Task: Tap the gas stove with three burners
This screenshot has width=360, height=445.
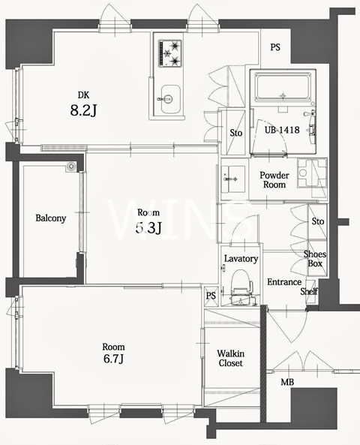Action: tap(170, 53)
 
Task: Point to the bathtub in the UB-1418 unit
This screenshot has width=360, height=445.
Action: tap(282, 87)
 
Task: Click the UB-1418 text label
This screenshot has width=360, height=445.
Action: tap(282, 130)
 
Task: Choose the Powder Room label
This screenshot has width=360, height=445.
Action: tap(274, 180)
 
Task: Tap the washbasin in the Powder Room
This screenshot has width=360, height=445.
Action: tap(233, 179)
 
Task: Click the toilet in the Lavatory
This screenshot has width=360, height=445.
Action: tap(241, 287)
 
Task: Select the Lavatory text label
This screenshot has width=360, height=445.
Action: tap(241, 259)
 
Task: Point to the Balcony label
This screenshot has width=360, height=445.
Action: tap(51, 218)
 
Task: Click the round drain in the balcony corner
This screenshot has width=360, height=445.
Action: tap(71, 167)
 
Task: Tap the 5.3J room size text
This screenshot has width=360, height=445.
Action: tap(148, 227)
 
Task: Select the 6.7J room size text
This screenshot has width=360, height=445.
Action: tap(113, 359)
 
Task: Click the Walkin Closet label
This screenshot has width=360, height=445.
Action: tap(231, 358)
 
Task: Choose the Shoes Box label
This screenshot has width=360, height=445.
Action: tap(315, 259)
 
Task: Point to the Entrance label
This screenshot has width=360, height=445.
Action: tap(284, 282)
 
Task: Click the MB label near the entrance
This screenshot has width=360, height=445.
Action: tap(287, 382)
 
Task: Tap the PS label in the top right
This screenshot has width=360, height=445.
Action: tap(275, 47)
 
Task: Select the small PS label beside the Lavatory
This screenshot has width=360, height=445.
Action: tap(211, 296)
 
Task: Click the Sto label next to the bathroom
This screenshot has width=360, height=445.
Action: tap(236, 133)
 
